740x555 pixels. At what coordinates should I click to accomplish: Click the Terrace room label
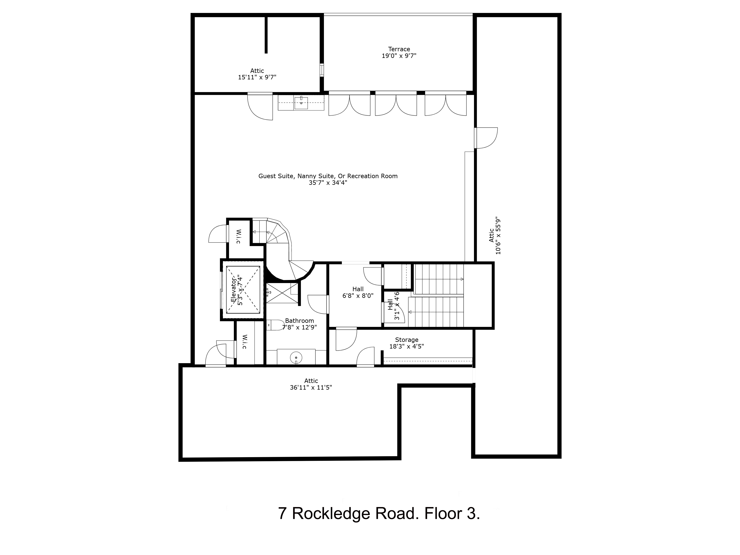399,49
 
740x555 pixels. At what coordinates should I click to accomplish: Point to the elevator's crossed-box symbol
243,290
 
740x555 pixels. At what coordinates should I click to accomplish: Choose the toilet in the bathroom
275,325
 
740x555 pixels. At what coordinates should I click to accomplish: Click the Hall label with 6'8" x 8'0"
358,289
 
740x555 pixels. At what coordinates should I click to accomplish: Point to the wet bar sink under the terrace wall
301,102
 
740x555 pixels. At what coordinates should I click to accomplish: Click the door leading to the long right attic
486,138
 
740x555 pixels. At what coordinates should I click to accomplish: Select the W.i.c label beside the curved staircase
238,236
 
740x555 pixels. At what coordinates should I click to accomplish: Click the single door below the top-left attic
260,106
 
